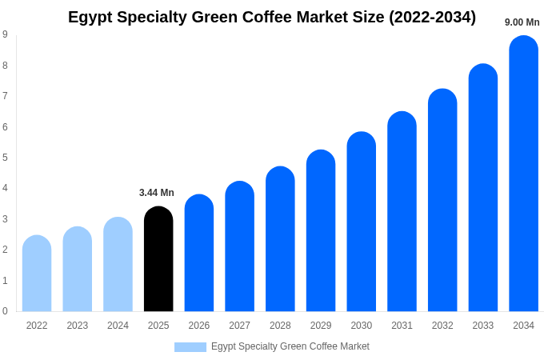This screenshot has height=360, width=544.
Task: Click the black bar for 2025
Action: coord(158,259)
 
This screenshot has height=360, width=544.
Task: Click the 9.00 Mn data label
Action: coord(522,22)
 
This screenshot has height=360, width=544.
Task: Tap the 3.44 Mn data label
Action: coord(157,193)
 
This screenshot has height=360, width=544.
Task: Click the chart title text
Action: coord(272,17)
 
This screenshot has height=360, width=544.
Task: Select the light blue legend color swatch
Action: coord(190,346)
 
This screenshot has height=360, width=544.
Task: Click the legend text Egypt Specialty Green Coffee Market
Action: coord(290,346)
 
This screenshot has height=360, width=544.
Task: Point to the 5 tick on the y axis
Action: coord(5,158)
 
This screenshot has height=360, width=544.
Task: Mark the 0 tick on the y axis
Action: coord(5,311)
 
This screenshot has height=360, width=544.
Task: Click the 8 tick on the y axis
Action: coord(5,66)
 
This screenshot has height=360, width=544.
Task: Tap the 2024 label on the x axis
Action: coord(118,326)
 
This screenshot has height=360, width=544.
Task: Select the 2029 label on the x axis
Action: coord(321,326)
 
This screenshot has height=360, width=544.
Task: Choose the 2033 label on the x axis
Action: coord(482,326)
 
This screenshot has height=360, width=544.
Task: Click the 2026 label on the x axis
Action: coord(199,326)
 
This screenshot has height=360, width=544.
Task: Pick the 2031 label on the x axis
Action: coord(402,326)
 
